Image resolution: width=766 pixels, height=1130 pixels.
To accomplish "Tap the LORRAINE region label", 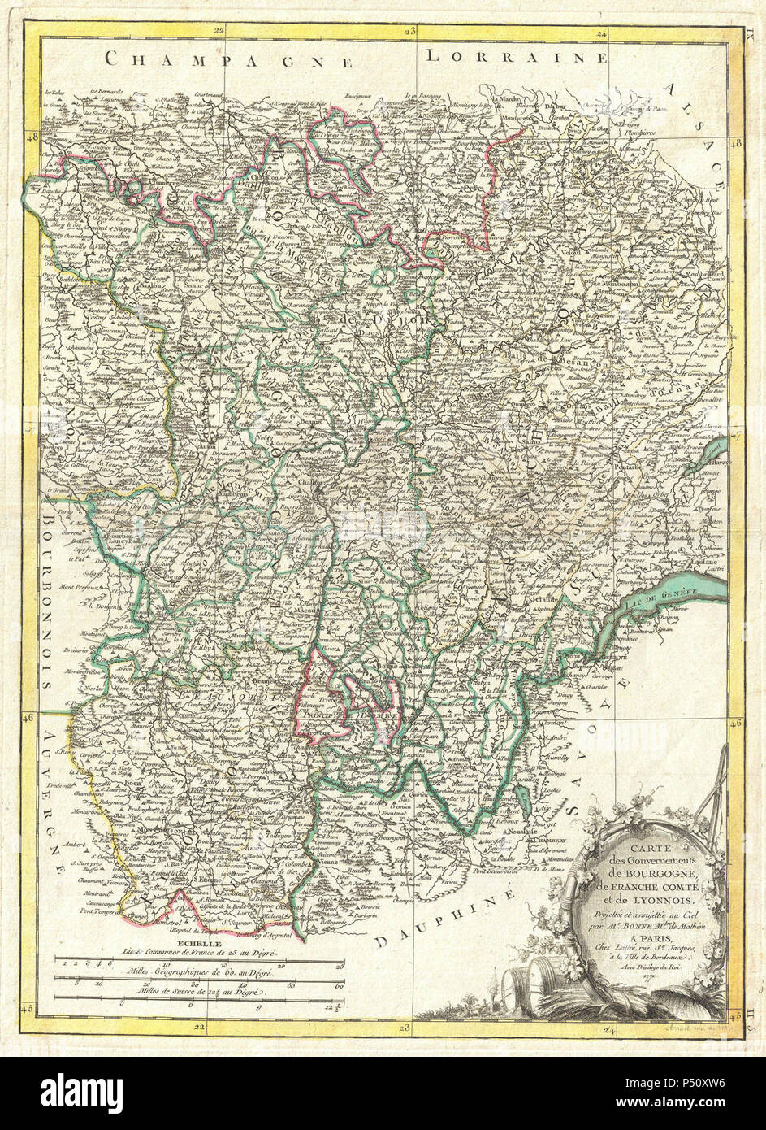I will point(517,56).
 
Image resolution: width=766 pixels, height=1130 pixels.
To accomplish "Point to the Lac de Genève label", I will point(660,598).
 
